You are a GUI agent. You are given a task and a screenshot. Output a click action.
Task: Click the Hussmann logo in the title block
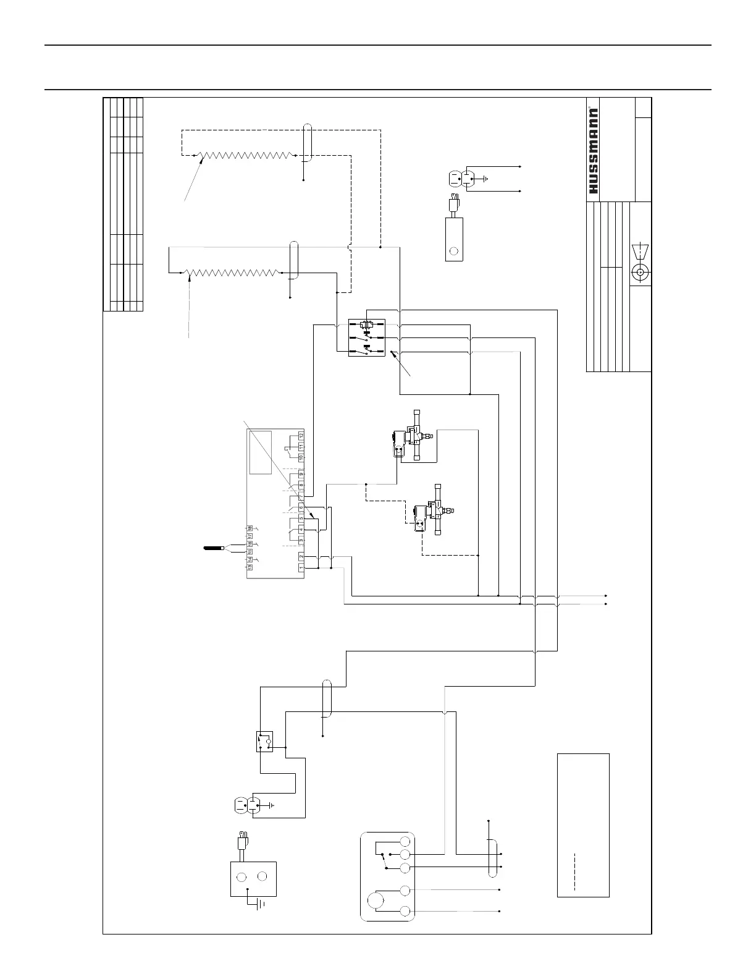click(593, 152)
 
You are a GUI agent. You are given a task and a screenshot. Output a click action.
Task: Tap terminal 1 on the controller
click(301, 567)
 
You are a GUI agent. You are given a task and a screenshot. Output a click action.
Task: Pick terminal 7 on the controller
click(301, 497)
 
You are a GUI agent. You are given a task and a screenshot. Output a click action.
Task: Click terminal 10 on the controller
click(301, 457)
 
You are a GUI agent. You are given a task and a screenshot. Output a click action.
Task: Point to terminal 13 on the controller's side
click(250, 567)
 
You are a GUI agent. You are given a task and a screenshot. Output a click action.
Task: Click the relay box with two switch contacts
click(367, 337)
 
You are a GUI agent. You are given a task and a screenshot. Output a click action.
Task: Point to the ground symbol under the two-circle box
click(259, 904)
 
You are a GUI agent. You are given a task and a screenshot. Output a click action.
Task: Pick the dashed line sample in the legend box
click(575, 872)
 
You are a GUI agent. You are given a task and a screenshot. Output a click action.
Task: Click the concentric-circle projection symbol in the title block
click(640, 271)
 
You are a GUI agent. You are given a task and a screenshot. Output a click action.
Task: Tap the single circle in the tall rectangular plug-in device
click(455, 251)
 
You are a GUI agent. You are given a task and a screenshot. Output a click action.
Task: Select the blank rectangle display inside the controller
click(260, 452)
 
